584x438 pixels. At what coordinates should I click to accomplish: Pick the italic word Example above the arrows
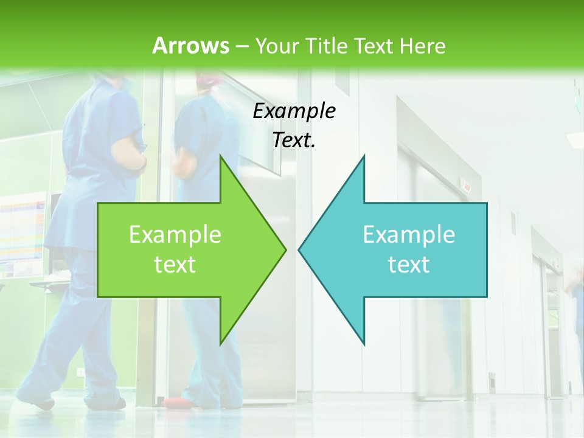pos(294,111)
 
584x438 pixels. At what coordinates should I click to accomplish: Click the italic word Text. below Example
pos(294,140)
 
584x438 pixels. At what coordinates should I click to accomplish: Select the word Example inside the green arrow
pos(175,234)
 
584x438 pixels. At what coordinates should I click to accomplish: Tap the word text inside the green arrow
pos(175,264)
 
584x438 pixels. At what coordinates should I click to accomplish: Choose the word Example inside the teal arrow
pos(409,234)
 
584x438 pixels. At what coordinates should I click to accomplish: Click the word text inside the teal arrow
pos(409,264)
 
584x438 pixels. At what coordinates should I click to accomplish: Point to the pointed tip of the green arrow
pos(285,249)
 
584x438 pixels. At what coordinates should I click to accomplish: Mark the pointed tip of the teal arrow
pos(299,249)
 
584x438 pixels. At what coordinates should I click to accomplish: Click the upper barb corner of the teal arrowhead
pos(364,156)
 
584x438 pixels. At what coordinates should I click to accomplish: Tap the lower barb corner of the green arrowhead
pos(220,344)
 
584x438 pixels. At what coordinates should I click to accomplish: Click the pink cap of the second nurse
pos(207,79)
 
